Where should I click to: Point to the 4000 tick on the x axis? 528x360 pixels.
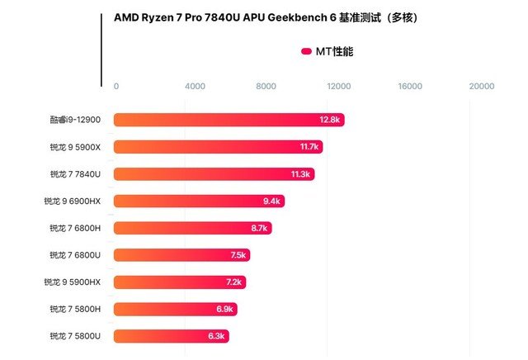[x=195, y=86]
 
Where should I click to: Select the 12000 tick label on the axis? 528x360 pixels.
[x=338, y=86]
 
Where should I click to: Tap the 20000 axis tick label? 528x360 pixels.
[x=481, y=86]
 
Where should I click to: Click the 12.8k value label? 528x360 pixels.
[x=329, y=120]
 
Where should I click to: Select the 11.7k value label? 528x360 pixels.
[x=309, y=147]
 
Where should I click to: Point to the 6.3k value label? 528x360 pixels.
[x=216, y=336]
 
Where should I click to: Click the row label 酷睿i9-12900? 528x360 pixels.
[x=74, y=120]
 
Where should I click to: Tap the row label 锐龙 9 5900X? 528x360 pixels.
[x=74, y=147]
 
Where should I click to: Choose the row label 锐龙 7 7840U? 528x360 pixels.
[x=75, y=174]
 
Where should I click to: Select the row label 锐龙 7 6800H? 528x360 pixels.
[x=75, y=228]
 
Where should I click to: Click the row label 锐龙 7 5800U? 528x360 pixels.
[x=75, y=336]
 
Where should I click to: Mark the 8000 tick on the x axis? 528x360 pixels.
[x=266, y=86]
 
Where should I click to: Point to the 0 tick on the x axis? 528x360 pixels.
[x=116, y=86]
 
